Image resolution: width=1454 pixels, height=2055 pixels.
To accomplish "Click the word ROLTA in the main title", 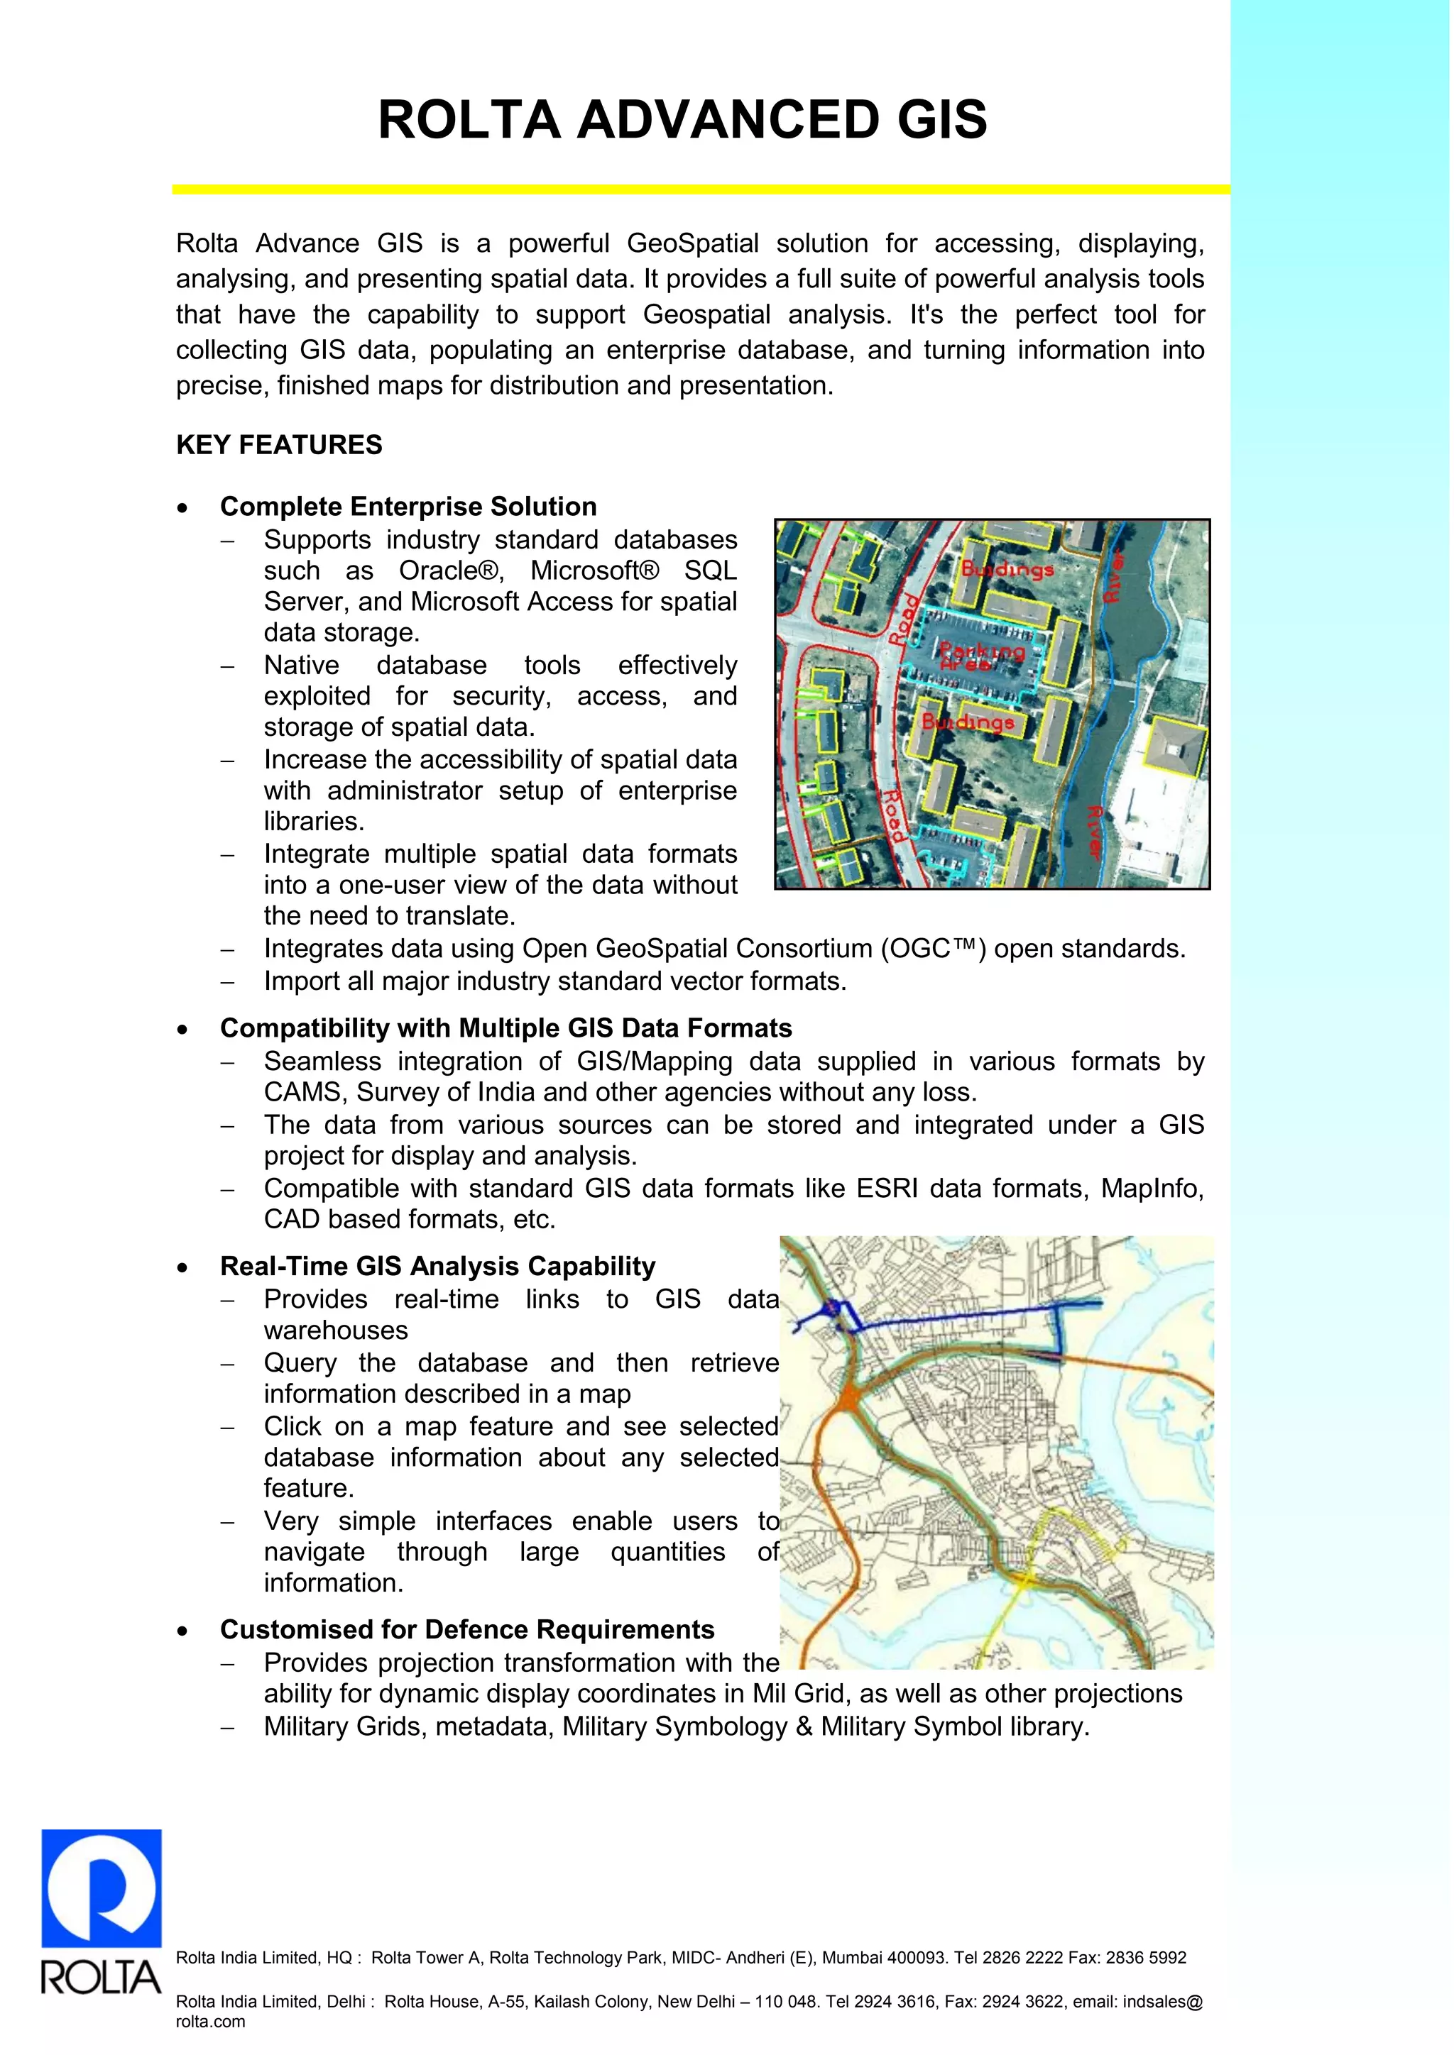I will (x=469, y=120).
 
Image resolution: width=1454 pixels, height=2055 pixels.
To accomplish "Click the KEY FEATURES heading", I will (x=278, y=445).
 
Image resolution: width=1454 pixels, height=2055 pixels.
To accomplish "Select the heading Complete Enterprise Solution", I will (x=408, y=507).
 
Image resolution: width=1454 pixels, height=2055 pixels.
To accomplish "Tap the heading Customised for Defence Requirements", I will (x=467, y=1629).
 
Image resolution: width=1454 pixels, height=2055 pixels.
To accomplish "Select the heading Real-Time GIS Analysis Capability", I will (x=438, y=1267).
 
